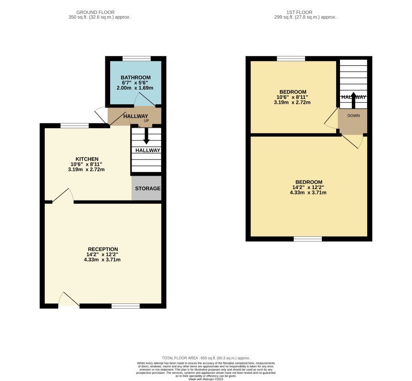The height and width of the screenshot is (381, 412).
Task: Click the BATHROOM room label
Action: (135, 78)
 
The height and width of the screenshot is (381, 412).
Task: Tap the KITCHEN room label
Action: (87, 159)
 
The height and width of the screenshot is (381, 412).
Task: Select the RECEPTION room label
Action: (103, 249)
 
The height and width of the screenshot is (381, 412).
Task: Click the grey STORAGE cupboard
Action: (147, 189)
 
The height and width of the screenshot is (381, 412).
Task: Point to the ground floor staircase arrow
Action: (146, 136)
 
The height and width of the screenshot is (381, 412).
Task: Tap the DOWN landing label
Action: (353, 116)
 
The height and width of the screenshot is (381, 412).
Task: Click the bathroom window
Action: (136, 59)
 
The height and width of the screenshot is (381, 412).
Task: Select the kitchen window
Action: (75, 126)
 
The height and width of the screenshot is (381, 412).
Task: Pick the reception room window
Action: (126, 306)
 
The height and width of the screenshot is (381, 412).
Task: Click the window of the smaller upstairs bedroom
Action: (291, 59)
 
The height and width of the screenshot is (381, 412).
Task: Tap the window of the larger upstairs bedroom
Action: (308, 239)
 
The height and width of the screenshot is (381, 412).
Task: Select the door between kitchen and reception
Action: (62, 196)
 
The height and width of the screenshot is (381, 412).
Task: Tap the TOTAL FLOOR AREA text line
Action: (206, 358)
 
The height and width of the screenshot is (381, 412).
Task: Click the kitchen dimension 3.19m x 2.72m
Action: (87, 170)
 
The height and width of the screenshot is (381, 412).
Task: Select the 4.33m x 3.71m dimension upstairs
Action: (309, 192)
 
